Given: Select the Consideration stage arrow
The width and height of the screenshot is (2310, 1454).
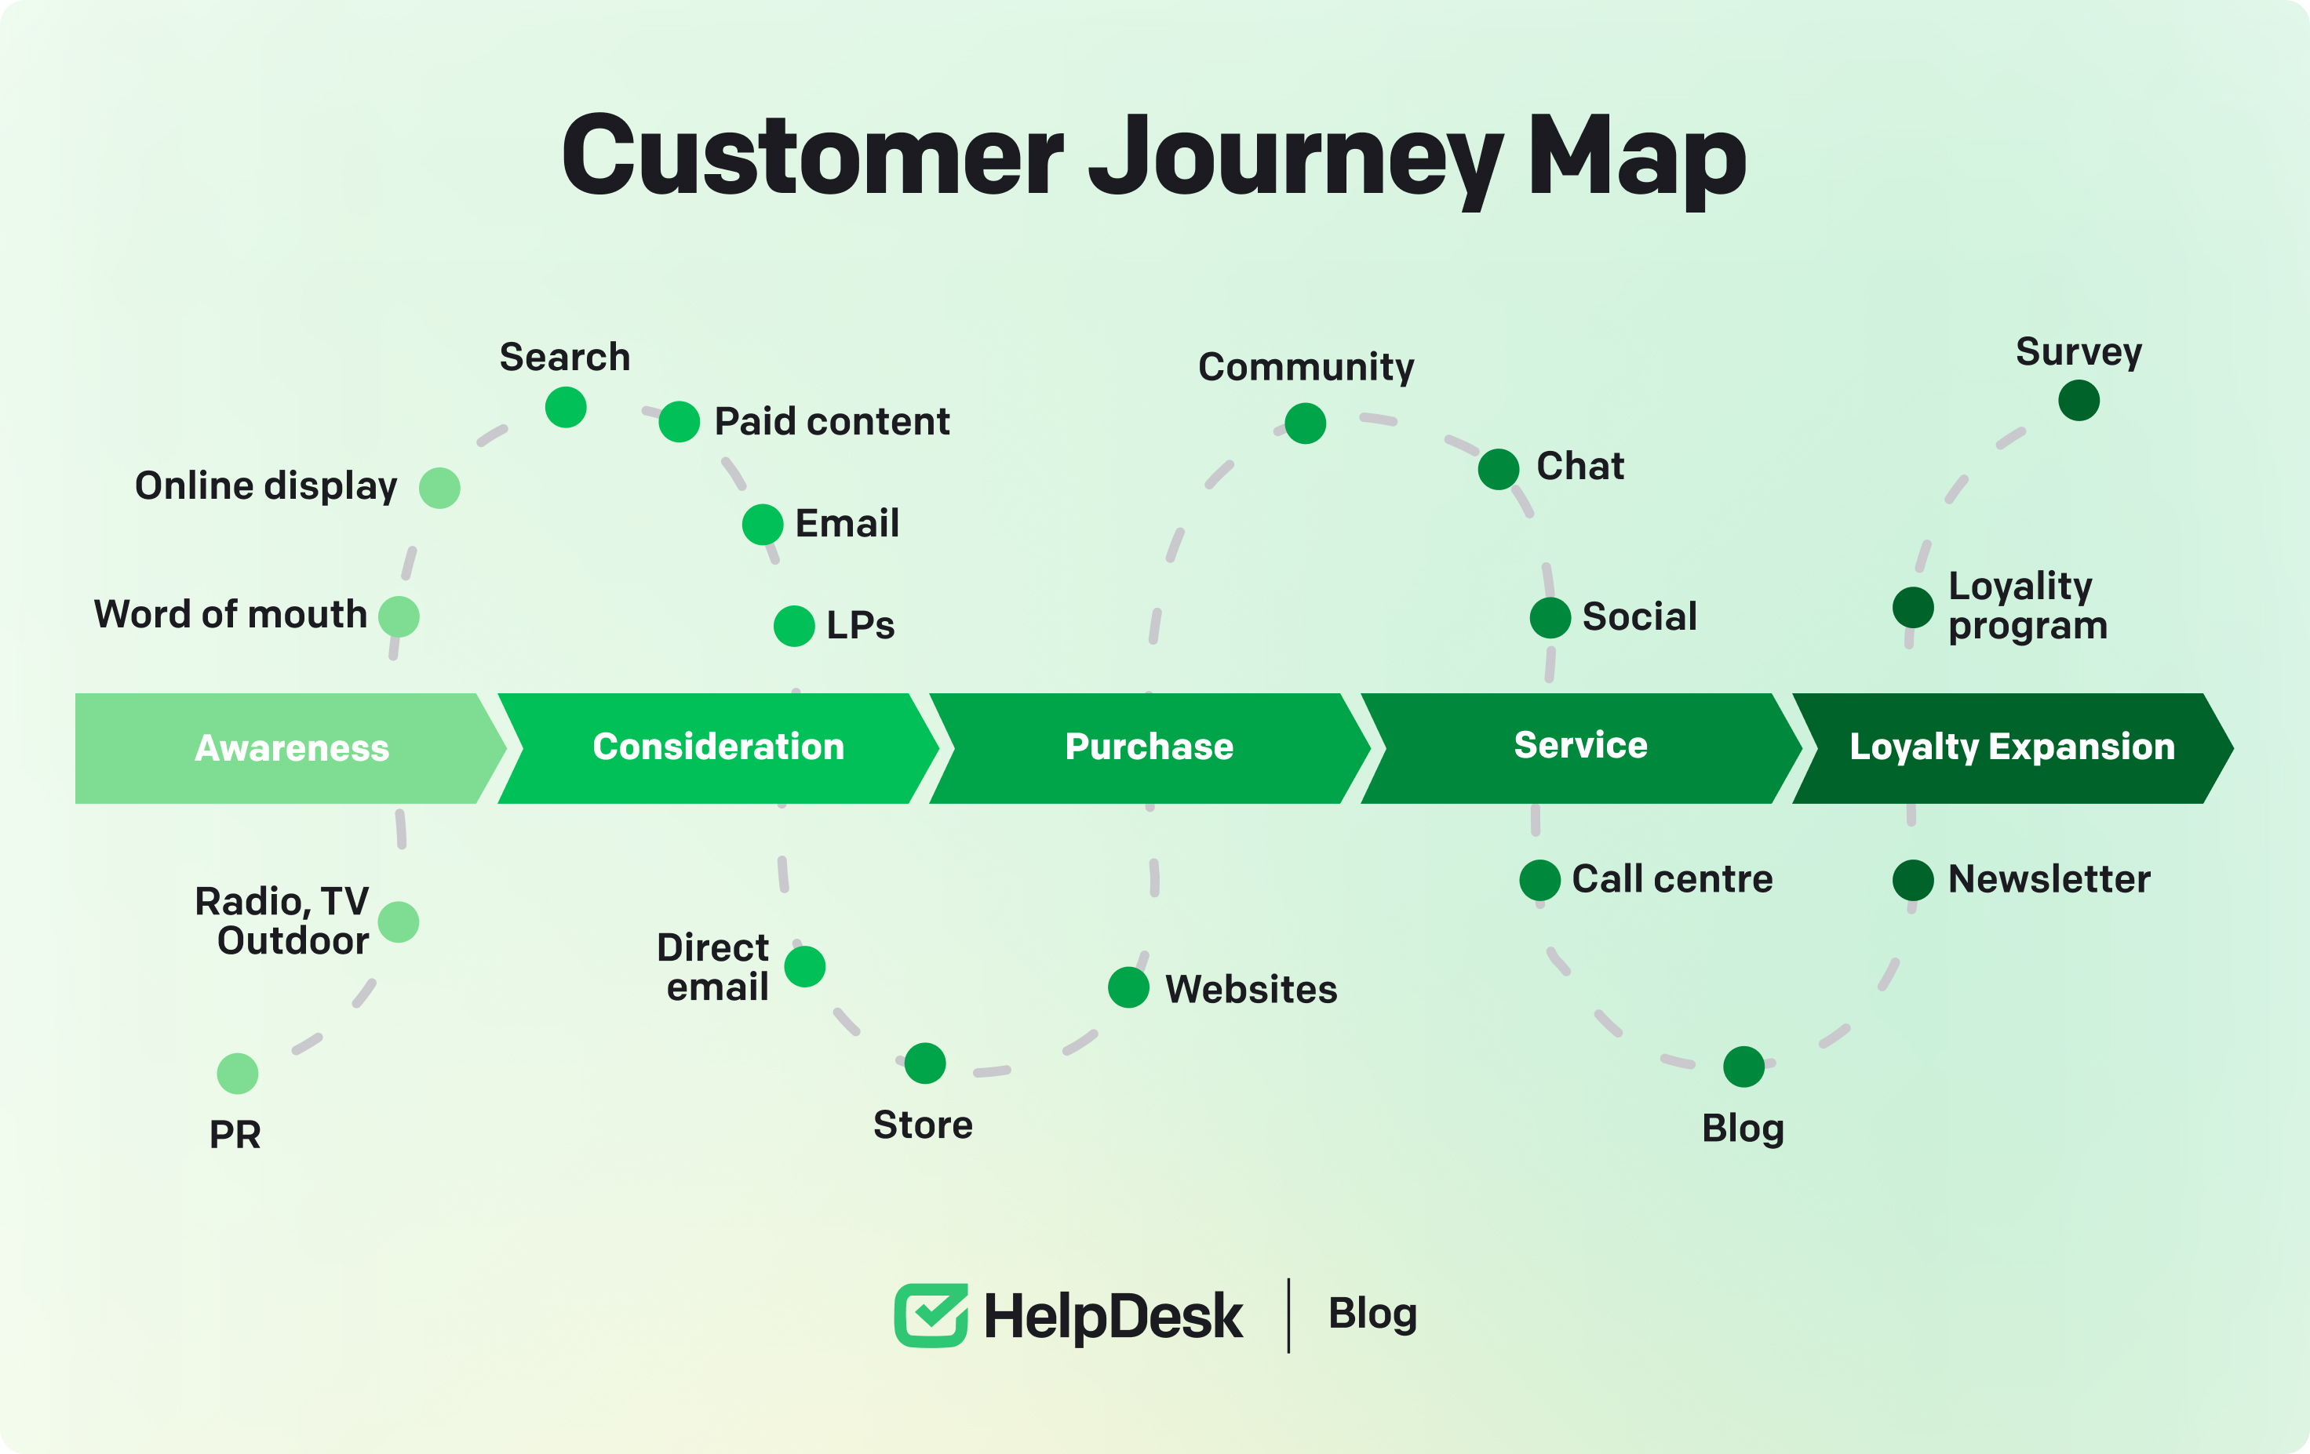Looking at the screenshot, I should [x=717, y=748].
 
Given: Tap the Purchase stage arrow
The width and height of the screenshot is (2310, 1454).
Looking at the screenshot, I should [x=1148, y=748].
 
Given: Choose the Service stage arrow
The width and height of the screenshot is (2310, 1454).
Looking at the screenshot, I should [x=1580, y=748].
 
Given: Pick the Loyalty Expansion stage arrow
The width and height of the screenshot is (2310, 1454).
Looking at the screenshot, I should [x=2011, y=748].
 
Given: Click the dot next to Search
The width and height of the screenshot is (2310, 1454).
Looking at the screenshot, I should [x=566, y=408].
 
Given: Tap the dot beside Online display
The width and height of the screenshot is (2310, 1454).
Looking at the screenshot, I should [x=439, y=488].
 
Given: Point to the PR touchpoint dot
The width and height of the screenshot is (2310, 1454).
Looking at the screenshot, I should [x=237, y=1073].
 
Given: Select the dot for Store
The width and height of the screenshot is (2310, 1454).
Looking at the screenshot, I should [x=925, y=1063].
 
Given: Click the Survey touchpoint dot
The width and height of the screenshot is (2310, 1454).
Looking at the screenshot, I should [x=2079, y=400].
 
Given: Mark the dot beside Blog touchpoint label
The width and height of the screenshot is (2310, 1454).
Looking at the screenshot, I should [x=1743, y=1067].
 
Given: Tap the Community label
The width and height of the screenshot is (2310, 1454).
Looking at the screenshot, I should [x=1306, y=367].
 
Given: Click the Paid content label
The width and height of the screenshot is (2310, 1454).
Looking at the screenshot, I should [x=832, y=422].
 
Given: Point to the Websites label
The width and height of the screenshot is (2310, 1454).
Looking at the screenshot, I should [x=1251, y=990].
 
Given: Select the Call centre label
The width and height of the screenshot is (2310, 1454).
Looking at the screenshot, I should [x=1672, y=879].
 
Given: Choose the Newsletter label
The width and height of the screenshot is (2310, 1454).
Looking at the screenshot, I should [x=2049, y=879].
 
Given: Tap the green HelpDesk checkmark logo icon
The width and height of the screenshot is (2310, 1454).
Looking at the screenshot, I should [x=931, y=1315].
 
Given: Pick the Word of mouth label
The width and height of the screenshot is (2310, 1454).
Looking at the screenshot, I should [x=230, y=615].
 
